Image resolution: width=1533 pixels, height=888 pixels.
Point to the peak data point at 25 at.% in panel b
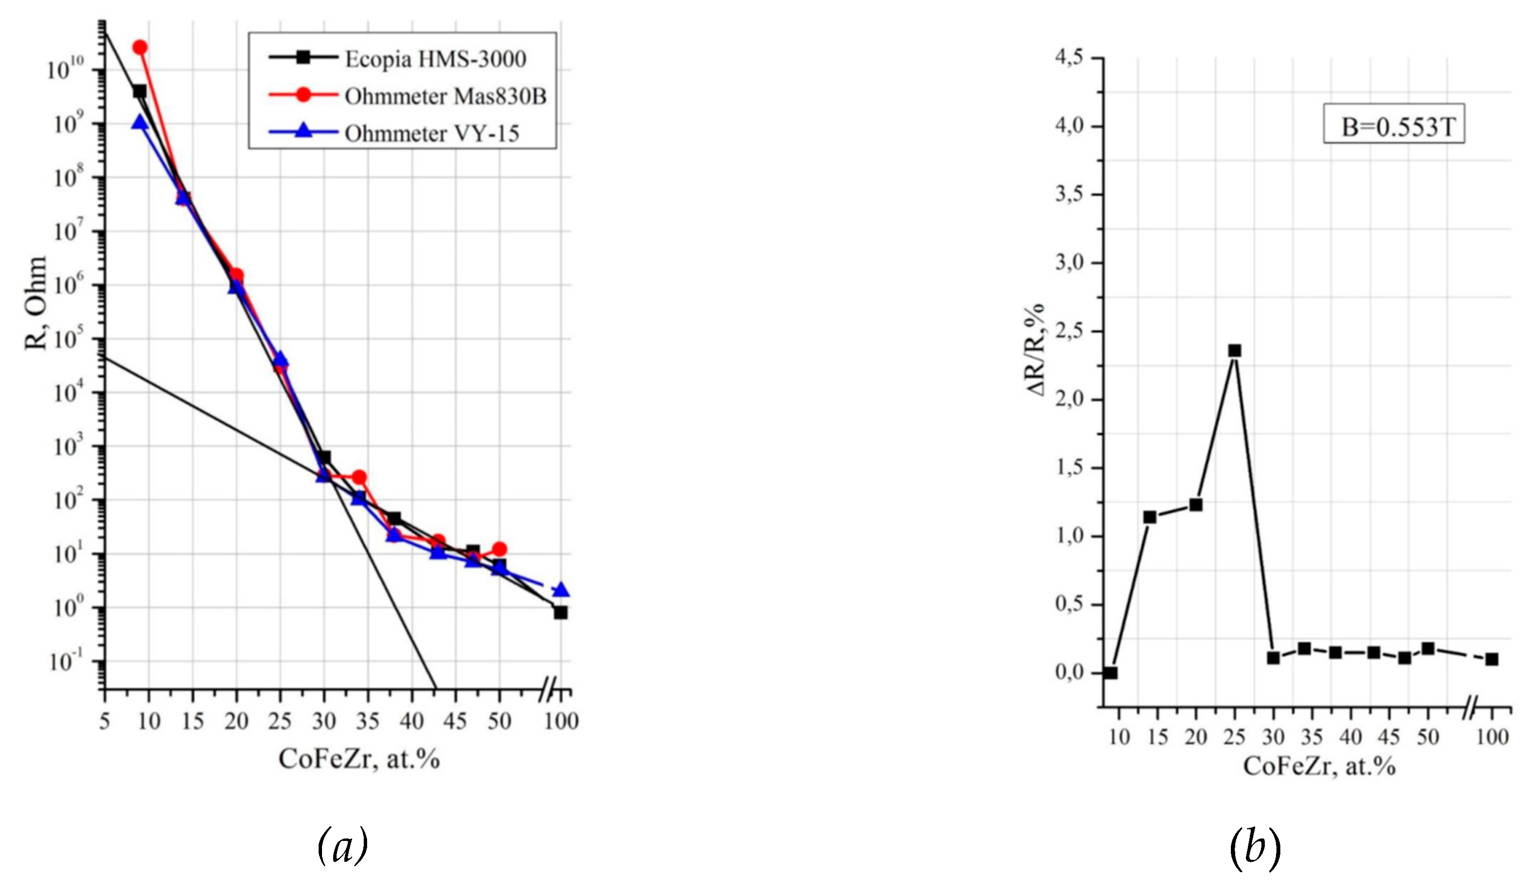(1234, 350)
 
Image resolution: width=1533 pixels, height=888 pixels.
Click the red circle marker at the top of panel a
(140, 47)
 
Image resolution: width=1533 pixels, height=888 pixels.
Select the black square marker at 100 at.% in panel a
(560, 612)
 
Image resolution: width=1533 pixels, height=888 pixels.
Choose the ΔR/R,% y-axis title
(1034, 349)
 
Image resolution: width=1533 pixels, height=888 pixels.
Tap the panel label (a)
(342, 845)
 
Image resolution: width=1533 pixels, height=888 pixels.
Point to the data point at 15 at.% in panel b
(1150, 517)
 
